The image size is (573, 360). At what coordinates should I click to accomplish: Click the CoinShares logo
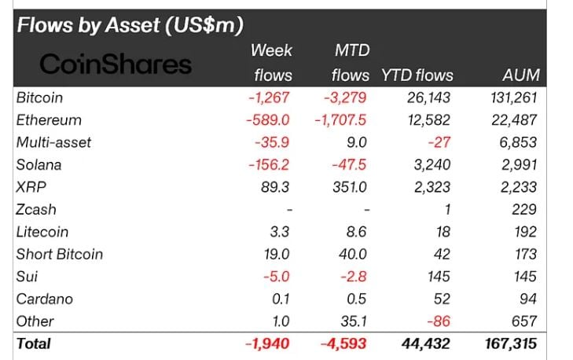116,64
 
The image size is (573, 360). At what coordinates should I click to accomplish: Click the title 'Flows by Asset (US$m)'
130,24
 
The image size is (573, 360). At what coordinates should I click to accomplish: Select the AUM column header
520,75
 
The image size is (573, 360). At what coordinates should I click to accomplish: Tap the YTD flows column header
417,75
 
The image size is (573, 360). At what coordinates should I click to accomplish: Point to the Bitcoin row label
39,98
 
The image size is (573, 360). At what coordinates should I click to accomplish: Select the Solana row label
39,165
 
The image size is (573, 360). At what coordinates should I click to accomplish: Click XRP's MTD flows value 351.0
350,187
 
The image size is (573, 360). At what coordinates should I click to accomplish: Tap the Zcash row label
36,210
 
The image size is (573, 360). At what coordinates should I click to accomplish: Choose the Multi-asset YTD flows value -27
441,143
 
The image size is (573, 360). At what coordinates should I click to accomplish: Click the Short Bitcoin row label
59,254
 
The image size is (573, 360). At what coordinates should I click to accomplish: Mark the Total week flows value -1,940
270,343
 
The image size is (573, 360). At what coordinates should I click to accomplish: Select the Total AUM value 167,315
511,343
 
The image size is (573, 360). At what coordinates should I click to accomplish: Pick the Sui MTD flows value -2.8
355,277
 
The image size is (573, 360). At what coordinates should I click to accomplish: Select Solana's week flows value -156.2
268,165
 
